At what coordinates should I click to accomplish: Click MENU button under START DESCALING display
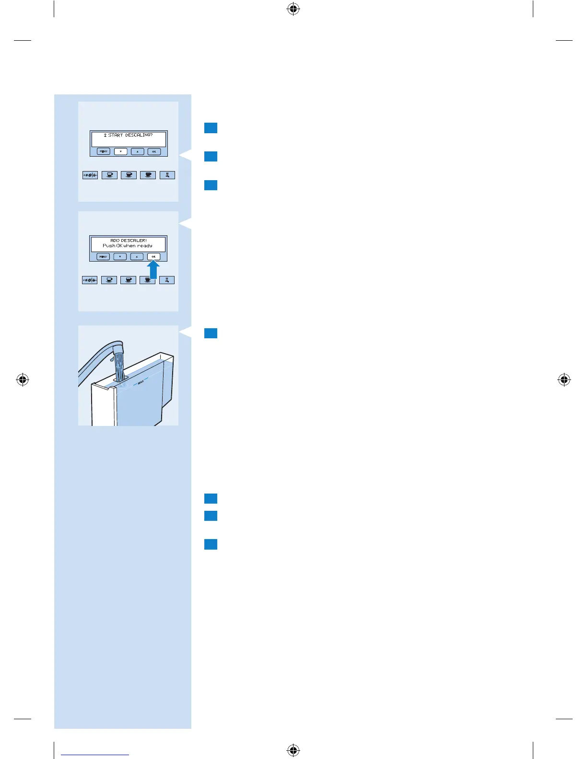[x=103, y=151]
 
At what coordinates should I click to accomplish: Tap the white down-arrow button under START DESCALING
[x=120, y=151]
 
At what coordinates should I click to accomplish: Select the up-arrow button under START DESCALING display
[x=137, y=151]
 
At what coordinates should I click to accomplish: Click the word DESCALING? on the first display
[x=139, y=135]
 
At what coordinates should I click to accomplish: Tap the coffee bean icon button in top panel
[x=90, y=175]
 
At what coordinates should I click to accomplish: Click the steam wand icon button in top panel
[x=167, y=175]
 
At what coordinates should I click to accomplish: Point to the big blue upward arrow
[x=153, y=270]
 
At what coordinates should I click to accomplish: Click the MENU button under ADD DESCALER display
[x=103, y=257]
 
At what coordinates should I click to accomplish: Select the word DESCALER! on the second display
[x=134, y=241]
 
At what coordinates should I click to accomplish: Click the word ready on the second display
[x=145, y=246]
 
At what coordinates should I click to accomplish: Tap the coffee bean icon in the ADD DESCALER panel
[x=90, y=280]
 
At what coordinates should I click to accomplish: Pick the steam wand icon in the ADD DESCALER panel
[x=166, y=280]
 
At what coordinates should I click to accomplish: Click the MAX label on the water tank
[x=141, y=382]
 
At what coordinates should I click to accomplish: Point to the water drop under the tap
[x=111, y=358]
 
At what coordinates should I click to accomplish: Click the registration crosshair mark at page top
[x=293, y=9]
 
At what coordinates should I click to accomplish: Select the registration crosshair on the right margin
[x=564, y=380]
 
